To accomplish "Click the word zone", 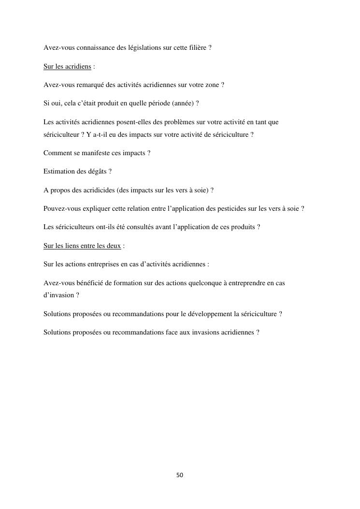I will pos(211,85).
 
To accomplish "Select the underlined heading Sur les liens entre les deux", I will pos(82,246).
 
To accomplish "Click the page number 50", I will pos(180,475).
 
